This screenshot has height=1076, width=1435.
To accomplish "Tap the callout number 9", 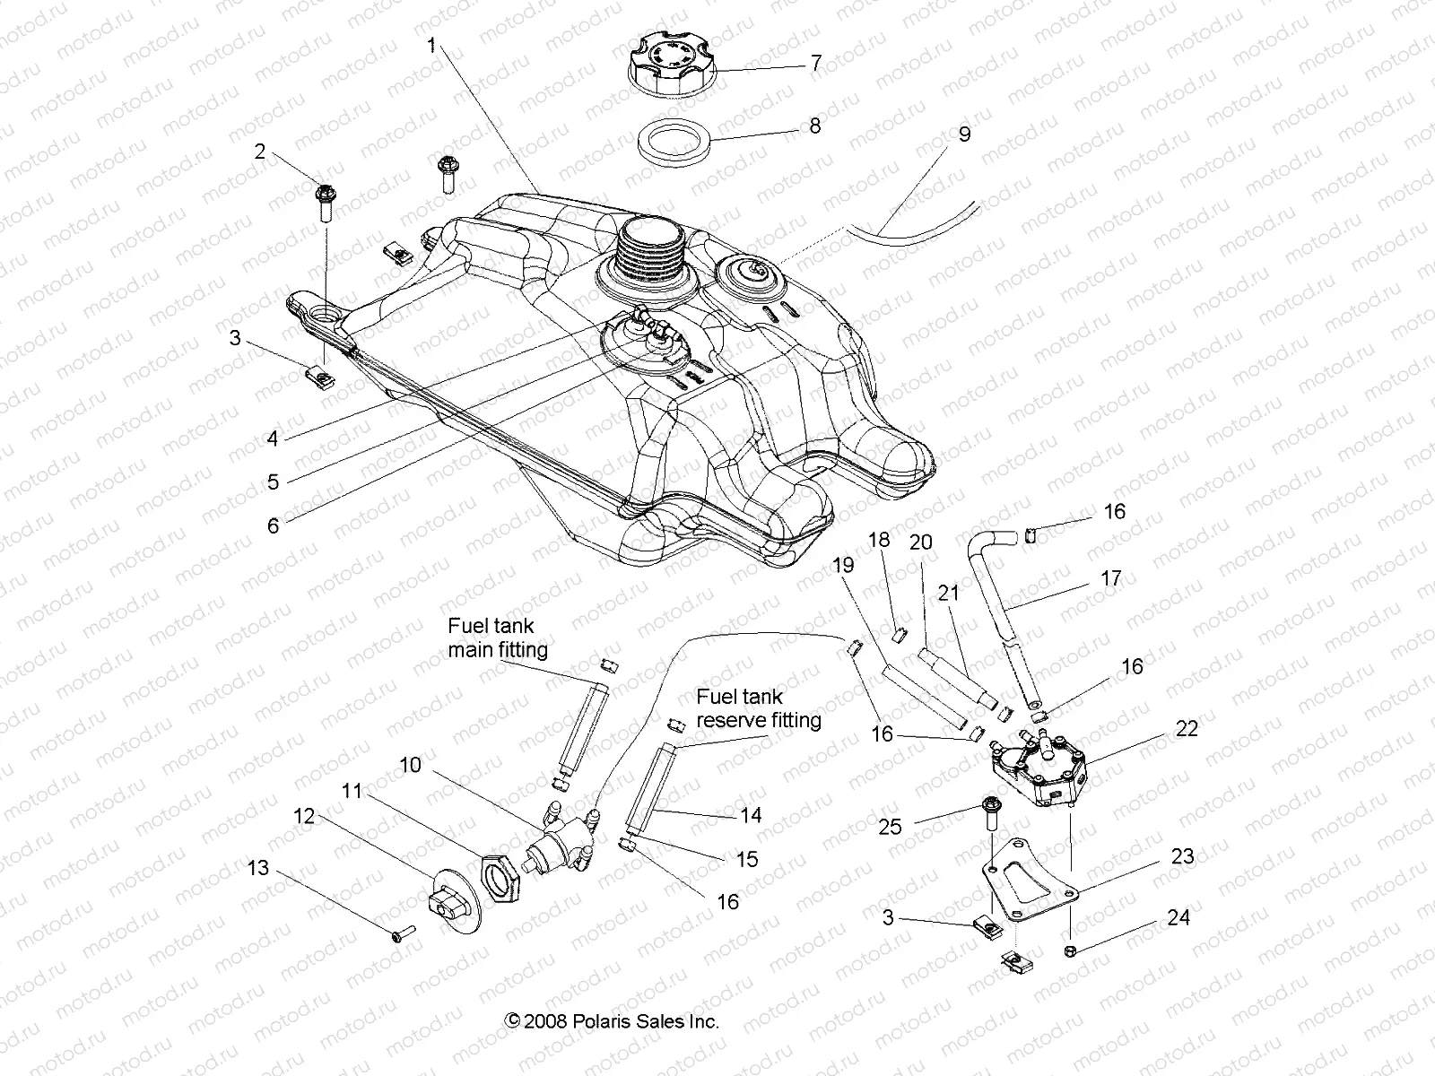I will pos(964,134).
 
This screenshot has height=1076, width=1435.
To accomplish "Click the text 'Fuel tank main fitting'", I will pos(497,637).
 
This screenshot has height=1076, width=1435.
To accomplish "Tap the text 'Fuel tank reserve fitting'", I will pos(759,707).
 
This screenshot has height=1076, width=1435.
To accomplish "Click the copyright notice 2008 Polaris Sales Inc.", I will pos(612,1020).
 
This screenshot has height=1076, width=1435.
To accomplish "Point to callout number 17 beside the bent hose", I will pos(1110,578).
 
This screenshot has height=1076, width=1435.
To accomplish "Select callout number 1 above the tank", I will pos(431,45).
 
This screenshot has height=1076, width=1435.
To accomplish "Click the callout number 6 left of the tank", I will pos(274,525).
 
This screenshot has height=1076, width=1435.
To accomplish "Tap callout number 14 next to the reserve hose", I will pos(751,814).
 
